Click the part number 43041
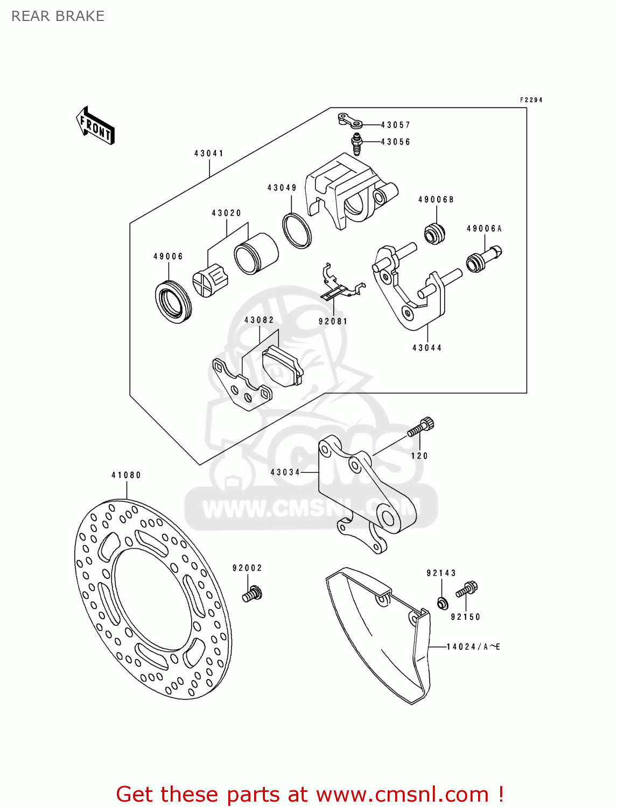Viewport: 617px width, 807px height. [x=209, y=153]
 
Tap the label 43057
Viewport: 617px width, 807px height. [x=396, y=125]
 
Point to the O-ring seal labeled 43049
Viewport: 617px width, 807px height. [x=297, y=231]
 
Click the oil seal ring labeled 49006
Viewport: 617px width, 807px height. [x=173, y=301]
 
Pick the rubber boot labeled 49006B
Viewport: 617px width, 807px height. [x=434, y=232]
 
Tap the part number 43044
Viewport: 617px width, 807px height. [x=427, y=348]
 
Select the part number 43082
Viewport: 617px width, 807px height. [x=259, y=320]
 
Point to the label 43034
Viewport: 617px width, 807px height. [x=285, y=472]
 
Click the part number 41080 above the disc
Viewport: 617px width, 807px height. [x=126, y=475]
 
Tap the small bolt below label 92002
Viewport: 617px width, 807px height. [x=252, y=594]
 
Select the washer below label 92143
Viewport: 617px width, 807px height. [x=441, y=603]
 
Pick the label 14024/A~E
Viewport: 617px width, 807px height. [x=473, y=647]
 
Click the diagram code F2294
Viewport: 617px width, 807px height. [x=531, y=100]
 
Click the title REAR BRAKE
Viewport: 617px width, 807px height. [x=58, y=16]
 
